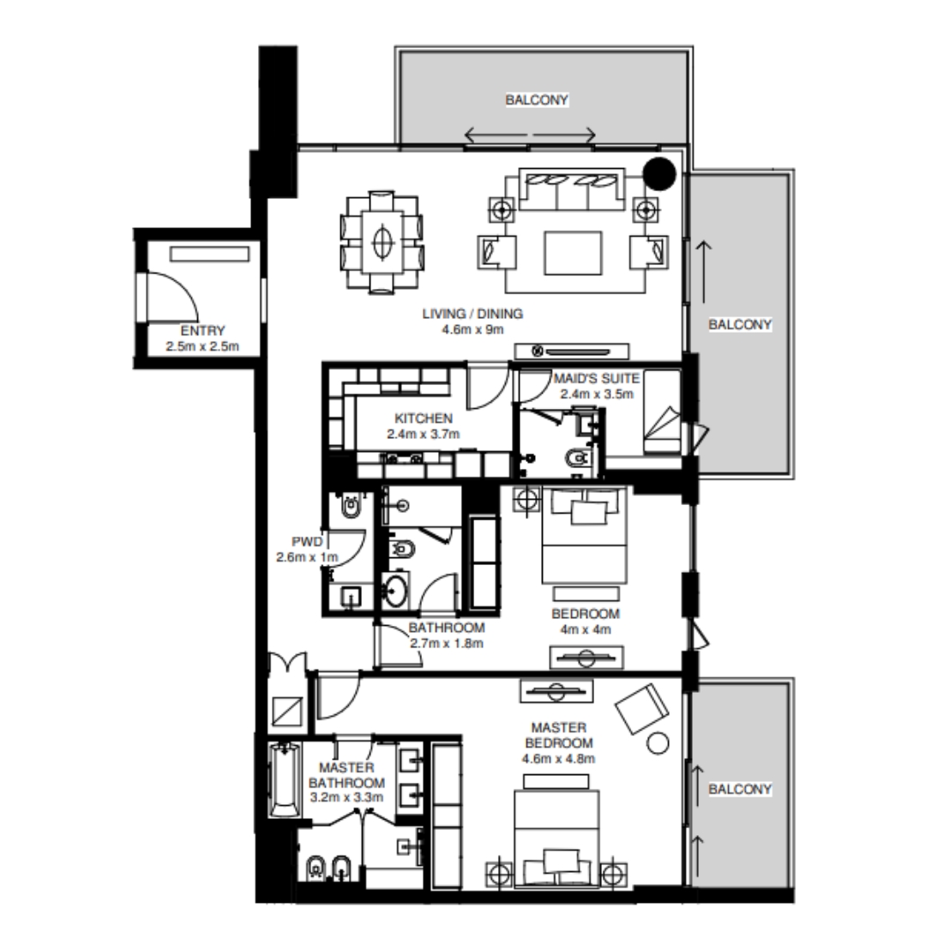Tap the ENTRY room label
click(x=202, y=332)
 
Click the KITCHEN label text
click(x=424, y=418)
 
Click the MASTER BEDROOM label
click(x=558, y=735)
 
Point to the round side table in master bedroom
click(x=658, y=743)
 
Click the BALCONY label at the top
click(x=537, y=100)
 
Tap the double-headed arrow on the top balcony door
click(x=529, y=135)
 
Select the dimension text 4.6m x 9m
click(x=472, y=328)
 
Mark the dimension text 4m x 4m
click(x=586, y=630)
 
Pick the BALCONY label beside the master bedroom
click(x=740, y=789)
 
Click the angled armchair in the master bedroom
click(x=641, y=708)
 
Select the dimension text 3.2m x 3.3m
click(x=346, y=797)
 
